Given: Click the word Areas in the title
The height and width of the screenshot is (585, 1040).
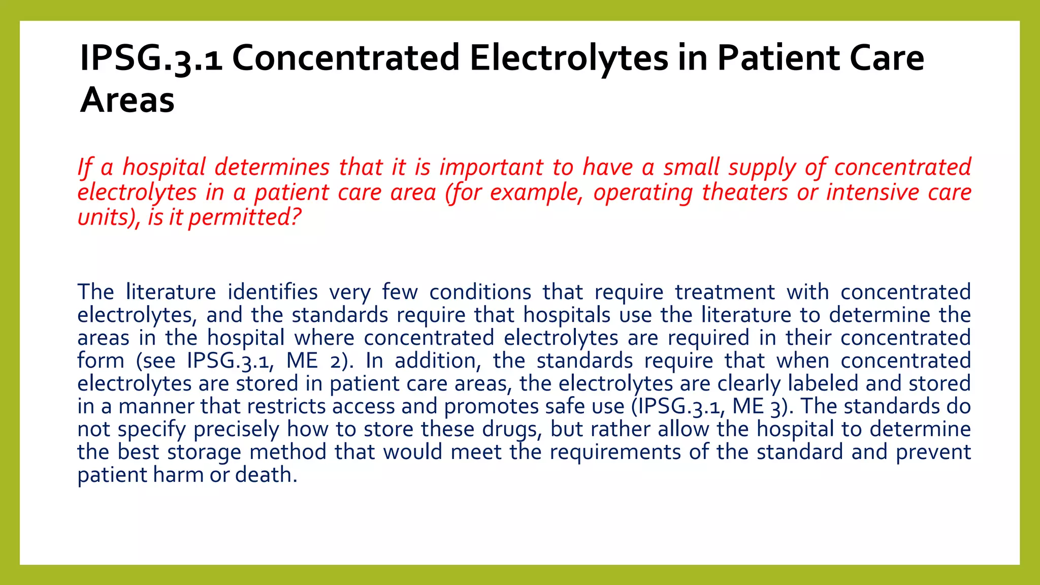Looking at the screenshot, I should tap(127, 100).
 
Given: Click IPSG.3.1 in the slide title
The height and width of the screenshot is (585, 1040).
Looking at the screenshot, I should tap(151, 58).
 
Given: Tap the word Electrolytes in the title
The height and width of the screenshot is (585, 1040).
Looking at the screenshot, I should tap(569, 58).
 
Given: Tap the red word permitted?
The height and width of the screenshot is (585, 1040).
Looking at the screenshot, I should tap(245, 218).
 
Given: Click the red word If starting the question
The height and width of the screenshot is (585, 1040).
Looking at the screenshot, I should tap(85, 168).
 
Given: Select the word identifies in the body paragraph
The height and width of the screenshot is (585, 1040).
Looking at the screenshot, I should tap(272, 292).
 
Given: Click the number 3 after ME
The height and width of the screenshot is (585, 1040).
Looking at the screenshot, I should tap(775, 407).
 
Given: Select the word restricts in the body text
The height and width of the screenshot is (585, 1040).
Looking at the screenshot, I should tap(286, 407).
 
